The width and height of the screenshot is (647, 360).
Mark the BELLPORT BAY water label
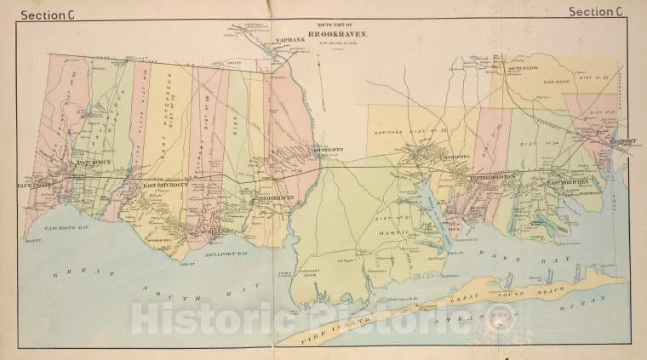tap(226, 253)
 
